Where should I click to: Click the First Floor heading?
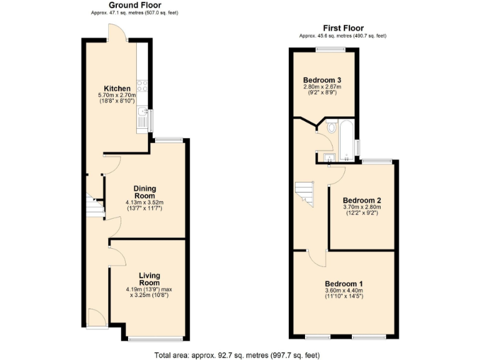tap(343, 27)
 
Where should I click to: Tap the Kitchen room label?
tap(117, 88)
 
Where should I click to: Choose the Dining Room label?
tap(144, 192)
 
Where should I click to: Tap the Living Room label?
tap(149, 279)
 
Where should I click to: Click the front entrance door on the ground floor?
tap(97, 318)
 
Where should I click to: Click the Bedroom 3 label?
tap(322, 80)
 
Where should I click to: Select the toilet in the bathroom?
tap(331, 128)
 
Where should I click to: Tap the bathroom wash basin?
tap(329, 156)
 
